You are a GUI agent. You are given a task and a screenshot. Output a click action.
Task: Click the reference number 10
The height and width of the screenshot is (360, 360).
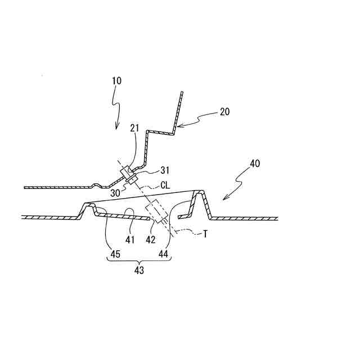pos(116,80)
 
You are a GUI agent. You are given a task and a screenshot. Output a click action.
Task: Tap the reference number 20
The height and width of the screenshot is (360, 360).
pos(224,111)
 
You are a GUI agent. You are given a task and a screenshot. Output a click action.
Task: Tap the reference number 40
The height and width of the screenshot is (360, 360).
pos(255,164)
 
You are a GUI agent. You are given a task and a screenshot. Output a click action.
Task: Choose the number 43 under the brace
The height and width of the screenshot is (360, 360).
pos(139,271)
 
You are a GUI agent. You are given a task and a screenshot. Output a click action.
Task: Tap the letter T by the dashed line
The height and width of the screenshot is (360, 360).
pos(205,235)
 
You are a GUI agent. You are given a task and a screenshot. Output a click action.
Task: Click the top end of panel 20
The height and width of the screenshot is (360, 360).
pos(182,93)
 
